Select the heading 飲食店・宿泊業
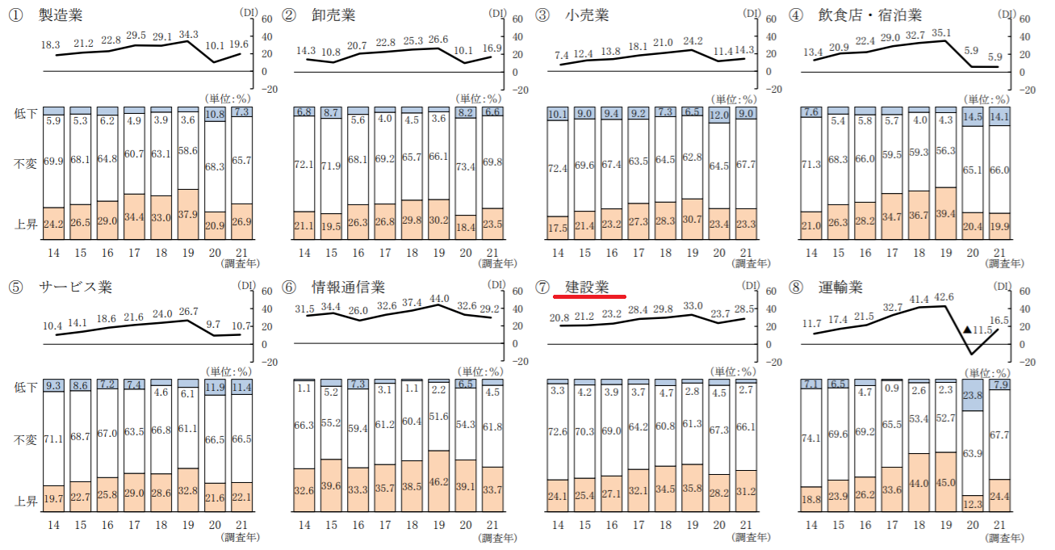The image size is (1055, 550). click(x=869, y=15)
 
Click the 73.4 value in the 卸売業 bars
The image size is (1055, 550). click(x=466, y=166)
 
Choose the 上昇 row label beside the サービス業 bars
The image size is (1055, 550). click(x=26, y=502)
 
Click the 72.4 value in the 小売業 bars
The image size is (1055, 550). click(x=558, y=168)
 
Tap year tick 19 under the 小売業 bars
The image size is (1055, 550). click(x=691, y=254)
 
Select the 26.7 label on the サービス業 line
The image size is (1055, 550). click(x=187, y=310)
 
